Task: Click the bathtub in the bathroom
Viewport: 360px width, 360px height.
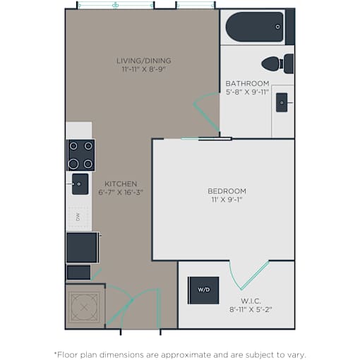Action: tap(255, 27)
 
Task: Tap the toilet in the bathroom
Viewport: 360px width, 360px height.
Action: tap(277, 64)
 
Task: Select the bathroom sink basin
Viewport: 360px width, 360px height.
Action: tap(282, 102)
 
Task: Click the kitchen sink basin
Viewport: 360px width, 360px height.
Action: tap(80, 184)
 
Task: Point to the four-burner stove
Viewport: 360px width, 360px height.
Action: tap(81, 155)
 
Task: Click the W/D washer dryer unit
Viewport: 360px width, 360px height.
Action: tap(204, 290)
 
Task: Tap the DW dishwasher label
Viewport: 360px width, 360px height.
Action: tap(78, 217)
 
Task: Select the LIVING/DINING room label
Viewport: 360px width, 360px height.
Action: tap(144, 61)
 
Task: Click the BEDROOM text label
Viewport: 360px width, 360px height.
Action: tap(227, 191)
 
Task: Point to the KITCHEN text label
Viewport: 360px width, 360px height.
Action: tap(121, 184)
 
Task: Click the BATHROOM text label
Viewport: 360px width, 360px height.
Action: tap(247, 83)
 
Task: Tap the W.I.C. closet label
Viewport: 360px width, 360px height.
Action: tap(251, 301)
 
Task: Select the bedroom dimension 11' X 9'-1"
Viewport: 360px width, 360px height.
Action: tap(227, 200)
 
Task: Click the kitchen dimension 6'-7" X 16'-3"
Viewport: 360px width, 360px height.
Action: tap(121, 192)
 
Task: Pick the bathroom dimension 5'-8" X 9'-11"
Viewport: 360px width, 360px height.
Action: tap(247, 92)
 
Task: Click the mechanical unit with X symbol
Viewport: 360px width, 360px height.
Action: tap(84, 307)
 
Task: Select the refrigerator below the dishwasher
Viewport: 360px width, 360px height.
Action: tap(82, 247)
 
